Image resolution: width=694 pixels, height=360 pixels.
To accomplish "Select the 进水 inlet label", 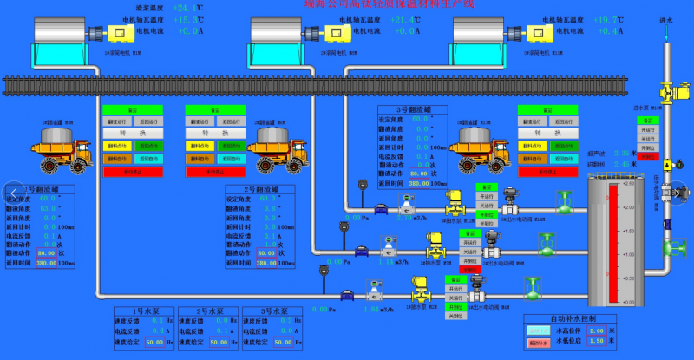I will (666, 20).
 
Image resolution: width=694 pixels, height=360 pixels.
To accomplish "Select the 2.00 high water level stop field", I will (596, 331).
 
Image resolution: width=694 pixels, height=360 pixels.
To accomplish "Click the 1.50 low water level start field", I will (596, 342).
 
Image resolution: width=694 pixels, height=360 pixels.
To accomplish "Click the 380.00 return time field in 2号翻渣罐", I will (272, 263).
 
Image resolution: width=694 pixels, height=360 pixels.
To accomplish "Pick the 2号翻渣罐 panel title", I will (260, 189).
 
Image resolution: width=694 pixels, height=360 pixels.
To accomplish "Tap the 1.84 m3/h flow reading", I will (371, 309).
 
